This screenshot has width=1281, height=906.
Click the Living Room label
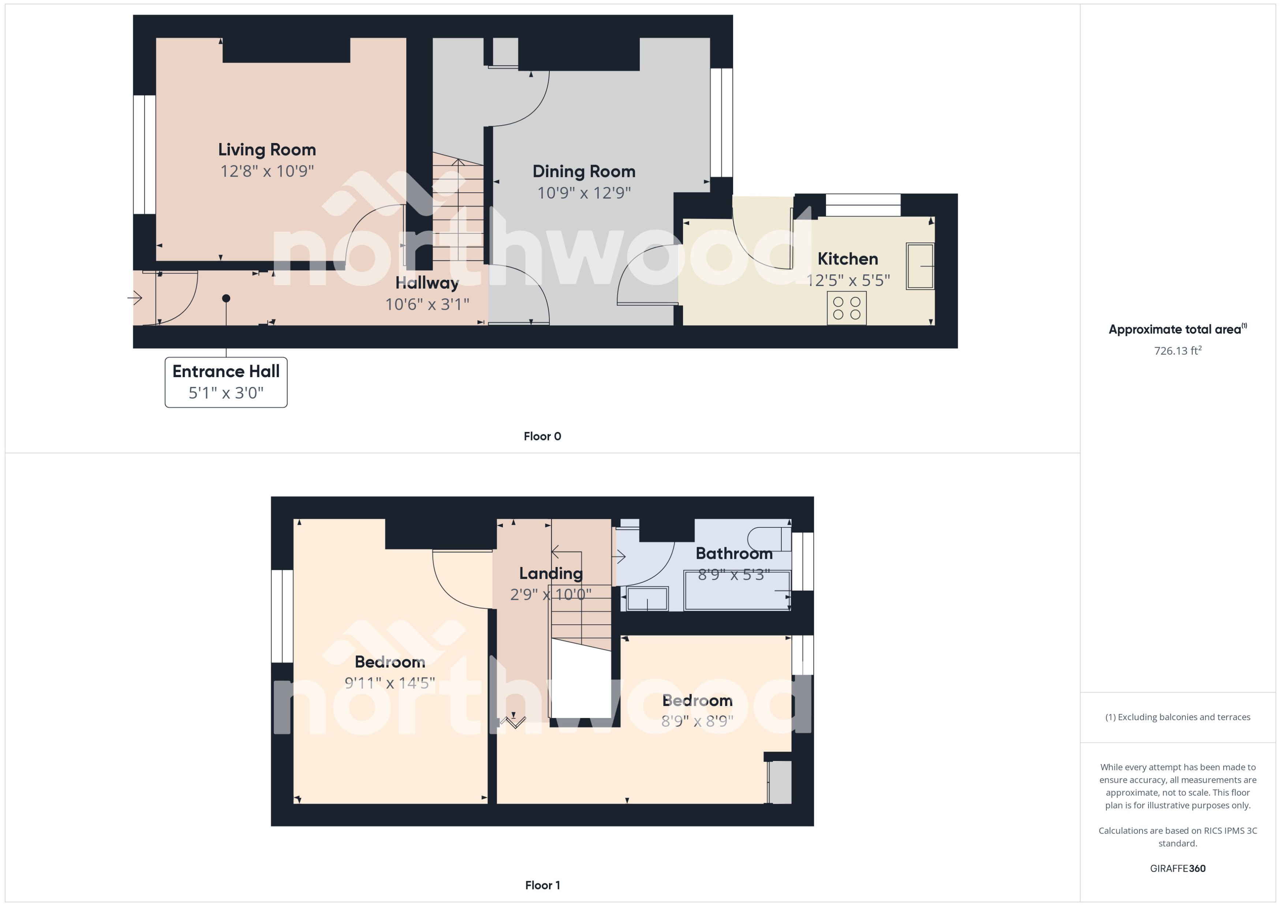(267, 150)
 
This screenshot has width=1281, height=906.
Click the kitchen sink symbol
(919, 266)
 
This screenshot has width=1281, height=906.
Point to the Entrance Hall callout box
(226, 382)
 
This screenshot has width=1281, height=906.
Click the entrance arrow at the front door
(135, 298)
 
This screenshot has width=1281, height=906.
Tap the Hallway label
(427, 283)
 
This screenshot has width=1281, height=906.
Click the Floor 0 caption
(542, 436)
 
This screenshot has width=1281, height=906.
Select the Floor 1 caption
(542, 885)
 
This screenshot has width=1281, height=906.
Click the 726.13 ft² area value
(1177, 351)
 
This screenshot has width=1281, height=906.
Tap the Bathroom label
(733, 553)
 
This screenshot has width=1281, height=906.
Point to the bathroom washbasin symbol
(647, 599)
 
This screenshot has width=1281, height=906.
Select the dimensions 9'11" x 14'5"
(389, 683)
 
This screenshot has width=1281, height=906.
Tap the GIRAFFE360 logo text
(1177, 868)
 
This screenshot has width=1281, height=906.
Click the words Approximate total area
(1174, 330)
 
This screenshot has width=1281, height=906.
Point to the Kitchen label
(847, 259)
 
